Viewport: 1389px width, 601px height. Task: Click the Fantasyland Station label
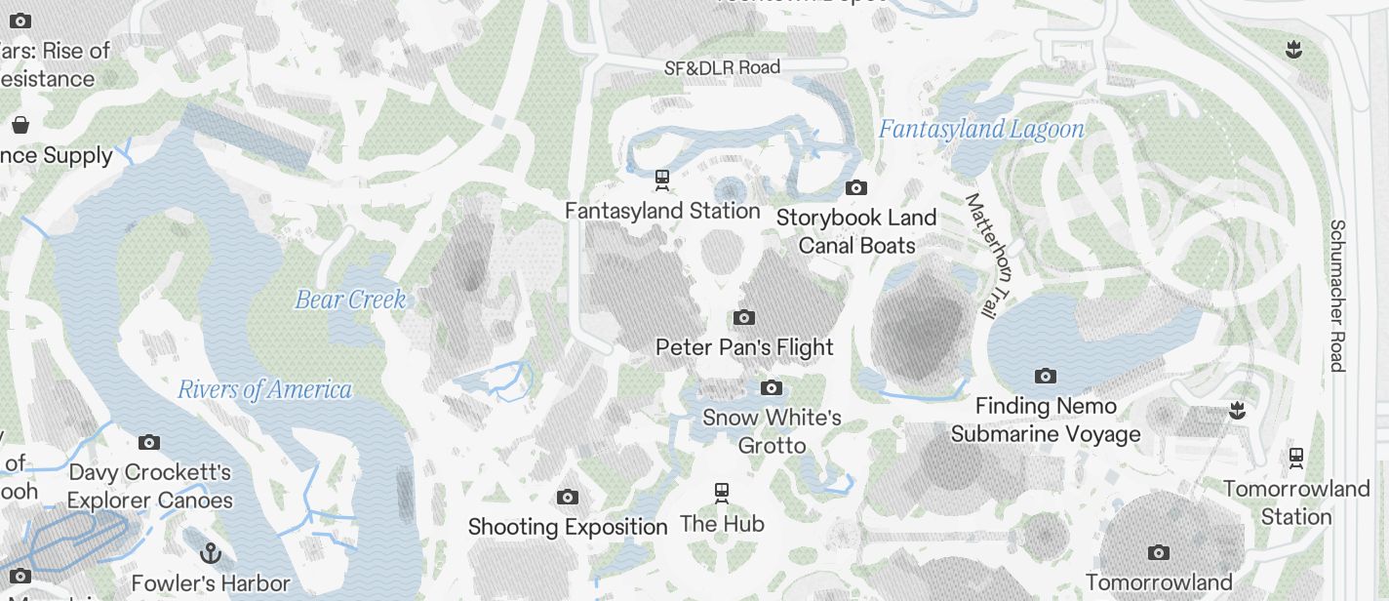click(x=662, y=211)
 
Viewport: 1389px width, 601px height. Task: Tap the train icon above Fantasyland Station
click(x=662, y=179)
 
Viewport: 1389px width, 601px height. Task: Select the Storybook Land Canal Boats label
click(x=856, y=231)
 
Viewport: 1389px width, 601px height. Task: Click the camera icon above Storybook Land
click(x=856, y=188)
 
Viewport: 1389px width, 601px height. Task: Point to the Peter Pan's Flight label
click(x=744, y=347)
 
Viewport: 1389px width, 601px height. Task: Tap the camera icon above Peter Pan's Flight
click(x=744, y=317)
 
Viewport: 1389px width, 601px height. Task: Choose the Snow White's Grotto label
click(x=772, y=431)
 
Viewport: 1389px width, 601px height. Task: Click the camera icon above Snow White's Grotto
click(x=772, y=388)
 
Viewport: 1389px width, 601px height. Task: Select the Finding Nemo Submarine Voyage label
click(x=1046, y=420)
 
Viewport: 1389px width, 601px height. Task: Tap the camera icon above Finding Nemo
click(x=1046, y=376)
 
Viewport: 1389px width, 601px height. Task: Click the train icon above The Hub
click(x=722, y=492)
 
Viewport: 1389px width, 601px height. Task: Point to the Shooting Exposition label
click(x=568, y=527)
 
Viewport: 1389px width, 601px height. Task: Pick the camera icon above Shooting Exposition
click(x=568, y=498)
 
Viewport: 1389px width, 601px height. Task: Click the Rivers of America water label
click(x=264, y=390)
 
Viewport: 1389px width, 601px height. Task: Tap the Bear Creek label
click(x=350, y=300)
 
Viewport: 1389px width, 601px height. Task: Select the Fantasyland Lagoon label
click(x=981, y=129)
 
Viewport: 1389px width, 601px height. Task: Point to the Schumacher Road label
click(x=1337, y=295)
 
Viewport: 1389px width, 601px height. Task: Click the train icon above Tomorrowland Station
click(x=1296, y=457)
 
